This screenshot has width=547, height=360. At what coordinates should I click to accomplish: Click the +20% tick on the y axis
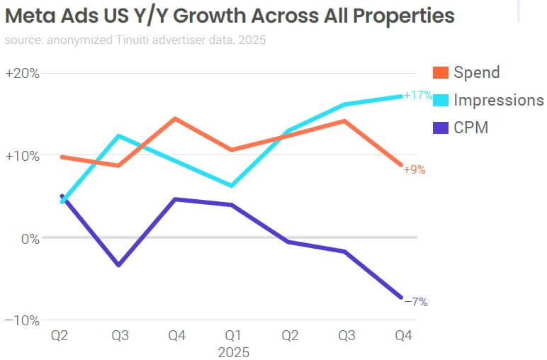[x=22, y=74]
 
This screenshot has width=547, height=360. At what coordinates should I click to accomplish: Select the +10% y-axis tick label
[x=22, y=156]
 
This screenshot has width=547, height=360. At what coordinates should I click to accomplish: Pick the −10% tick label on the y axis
[x=22, y=320]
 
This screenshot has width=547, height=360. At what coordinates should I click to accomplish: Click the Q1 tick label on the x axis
[x=232, y=336]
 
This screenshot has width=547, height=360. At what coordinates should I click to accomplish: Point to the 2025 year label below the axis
[x=232, y=351]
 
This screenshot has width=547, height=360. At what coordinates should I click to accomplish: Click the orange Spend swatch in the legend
[x=441, y=72]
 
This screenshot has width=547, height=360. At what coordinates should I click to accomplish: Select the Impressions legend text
[x=498, y=100]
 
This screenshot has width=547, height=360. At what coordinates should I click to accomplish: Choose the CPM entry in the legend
[x=471, y=128]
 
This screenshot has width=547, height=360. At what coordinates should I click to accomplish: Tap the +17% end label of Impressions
[x=418, y=95]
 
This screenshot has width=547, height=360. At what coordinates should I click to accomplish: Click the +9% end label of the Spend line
[x=415, y=170]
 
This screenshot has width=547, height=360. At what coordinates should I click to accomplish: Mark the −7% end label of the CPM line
[x=416, y=302]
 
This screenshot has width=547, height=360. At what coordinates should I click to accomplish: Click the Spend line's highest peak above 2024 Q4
[x=175, y=118]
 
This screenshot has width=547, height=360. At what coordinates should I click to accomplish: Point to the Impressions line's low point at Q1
[x=232, y=186]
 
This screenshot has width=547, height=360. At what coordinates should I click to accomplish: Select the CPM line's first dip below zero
[x=119, y=265]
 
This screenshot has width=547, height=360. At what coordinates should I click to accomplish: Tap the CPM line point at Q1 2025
[x=232, y=205]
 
